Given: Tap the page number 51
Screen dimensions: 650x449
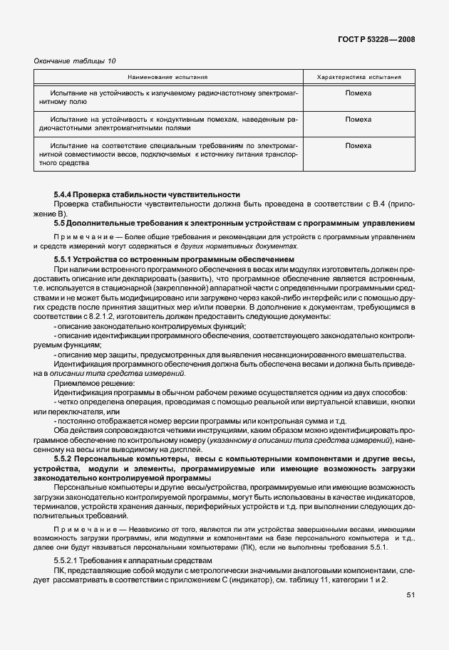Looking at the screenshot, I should [x=411, y=594].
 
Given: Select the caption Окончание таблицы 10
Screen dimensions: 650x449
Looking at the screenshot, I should [x=75, y=61].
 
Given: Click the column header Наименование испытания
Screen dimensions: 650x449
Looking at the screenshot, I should [x=168, y=77].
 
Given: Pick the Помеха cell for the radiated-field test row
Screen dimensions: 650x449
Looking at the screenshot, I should [x=358, y=93].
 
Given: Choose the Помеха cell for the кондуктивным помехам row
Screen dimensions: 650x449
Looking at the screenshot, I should [x=358, y=119].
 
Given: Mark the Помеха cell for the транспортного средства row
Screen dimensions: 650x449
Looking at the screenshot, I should [x=358, y=145].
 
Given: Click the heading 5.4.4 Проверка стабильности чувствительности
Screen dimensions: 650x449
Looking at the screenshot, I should [x=147, y=194].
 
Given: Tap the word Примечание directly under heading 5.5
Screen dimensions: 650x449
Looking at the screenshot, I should [x=77, y=236].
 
